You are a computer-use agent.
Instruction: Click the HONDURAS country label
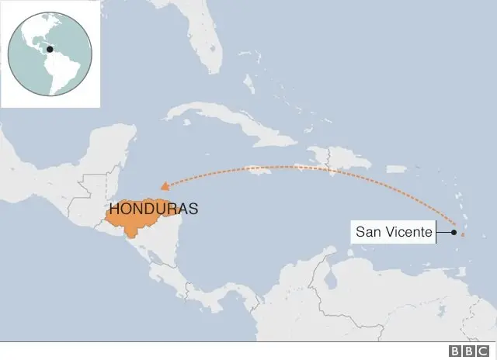pyautogui.click(x=154, y=209)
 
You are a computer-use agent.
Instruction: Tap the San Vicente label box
pyautogui.click(x=394, y=231)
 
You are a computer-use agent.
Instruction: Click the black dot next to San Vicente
pyautogui.click(x=454, y=231)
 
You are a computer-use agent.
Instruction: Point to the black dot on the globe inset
pyautogui.click(x=50, y=50)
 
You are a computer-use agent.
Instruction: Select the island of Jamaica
pyautogui.click(x=259, y=172)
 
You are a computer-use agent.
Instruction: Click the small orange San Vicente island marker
pyautogui.click(x=463, y=234)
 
